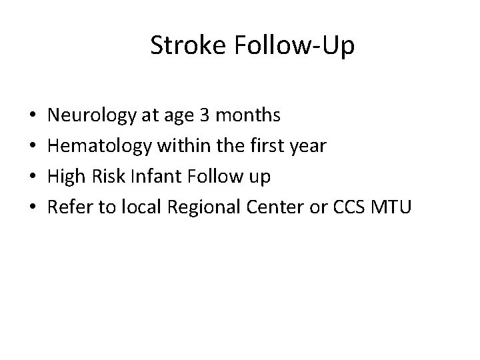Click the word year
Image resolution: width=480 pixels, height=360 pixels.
307,147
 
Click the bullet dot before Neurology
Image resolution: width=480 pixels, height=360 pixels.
33,117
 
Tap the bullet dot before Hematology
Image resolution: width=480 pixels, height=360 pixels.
33,147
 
